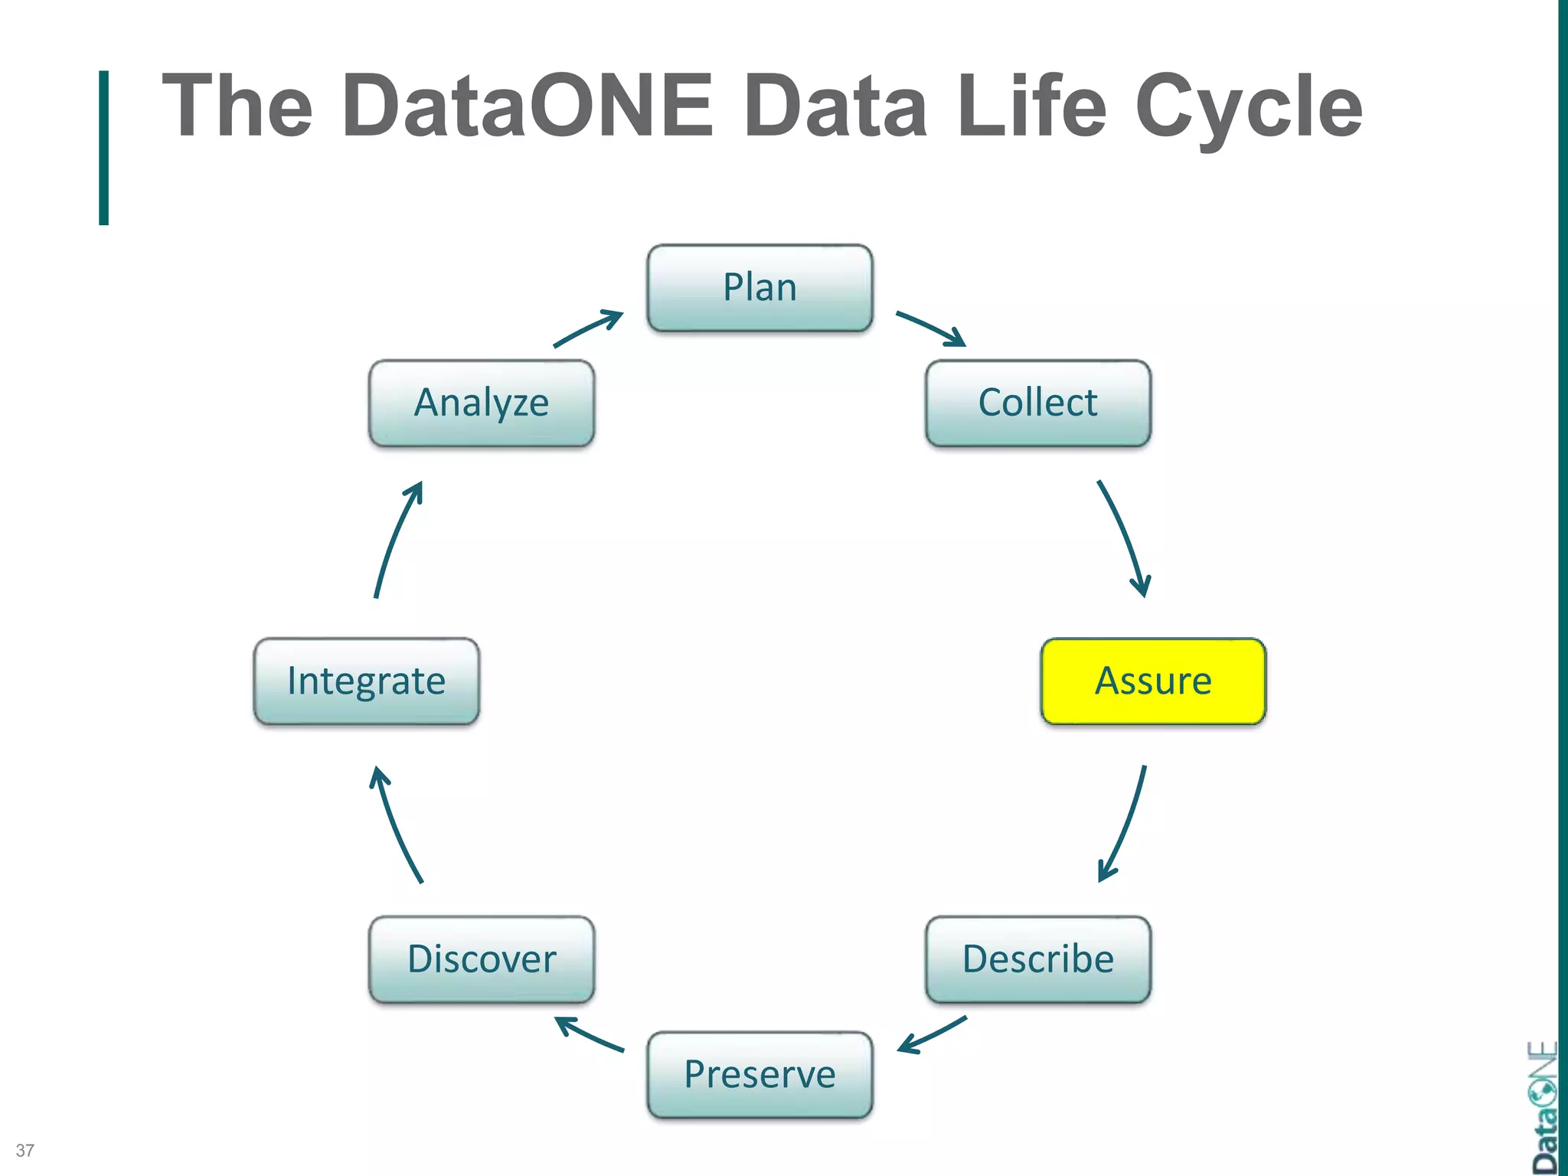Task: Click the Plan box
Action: click(x=759, y=288)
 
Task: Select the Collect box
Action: click(x=1037, y=403)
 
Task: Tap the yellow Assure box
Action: click(x=1153, y=681)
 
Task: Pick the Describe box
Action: click(x=1037, y=959)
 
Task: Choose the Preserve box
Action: click(x=759, y=1074)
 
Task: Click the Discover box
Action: click(x=482, y=959)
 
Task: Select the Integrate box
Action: click(x=366, y=681)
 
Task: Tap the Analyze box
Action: click(x=482, y=403)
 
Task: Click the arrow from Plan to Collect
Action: click(x=930, y=328)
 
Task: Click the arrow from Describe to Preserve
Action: click(x=932, y=1036)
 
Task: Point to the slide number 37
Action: click(x=24, y=1150)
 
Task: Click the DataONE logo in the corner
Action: click(x=1542, y=1108)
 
